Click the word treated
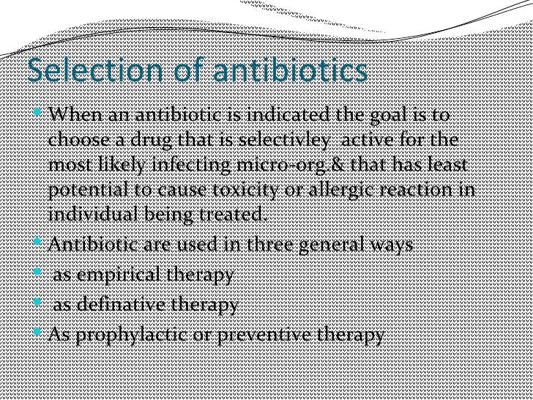[x=232, y=215]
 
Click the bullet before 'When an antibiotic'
[x=39, y=116]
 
